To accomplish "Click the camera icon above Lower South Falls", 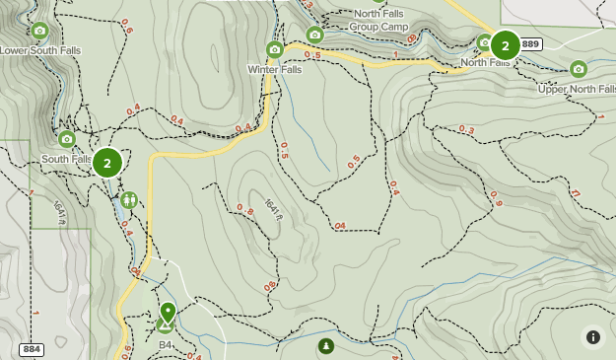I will pyautogui.click(x=39, y=31).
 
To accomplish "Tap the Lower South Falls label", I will pyautogui.click(x=39, y=50).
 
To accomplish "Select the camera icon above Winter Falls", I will pyautogui.click(x=275, y=49).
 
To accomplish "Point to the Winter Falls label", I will pyautogui.click(x=275, y=69).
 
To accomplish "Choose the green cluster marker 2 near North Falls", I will pyautogui.click(x=506, y=44).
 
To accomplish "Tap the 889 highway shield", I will pyautogui.click(x=531, y=44).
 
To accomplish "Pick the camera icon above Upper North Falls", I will pyautogui.click(x=579, y=69).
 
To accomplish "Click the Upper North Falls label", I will pyautogui.click(x=577, y=89).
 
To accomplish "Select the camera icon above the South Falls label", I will pyautogui.click(x=67, y=139).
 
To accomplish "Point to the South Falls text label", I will pyautogui.click(x=66, y=159).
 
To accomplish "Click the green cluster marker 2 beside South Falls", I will pyautogui.click(x=107, y=163).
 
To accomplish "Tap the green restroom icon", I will pyautogui.click(x=129, y=200).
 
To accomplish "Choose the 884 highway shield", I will pyautogui.click(x=32, y=349).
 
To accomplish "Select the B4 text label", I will pyautogui.click(x=166, y=345).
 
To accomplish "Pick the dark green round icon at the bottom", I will pyautogui.click(x=326, y=346).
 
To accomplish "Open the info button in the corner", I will pyautogui.click(x=593, y=337).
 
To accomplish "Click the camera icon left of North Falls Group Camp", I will pyautogui.click(x=314, y=35).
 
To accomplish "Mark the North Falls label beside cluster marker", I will pyautogui.click(x=485, y=63).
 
